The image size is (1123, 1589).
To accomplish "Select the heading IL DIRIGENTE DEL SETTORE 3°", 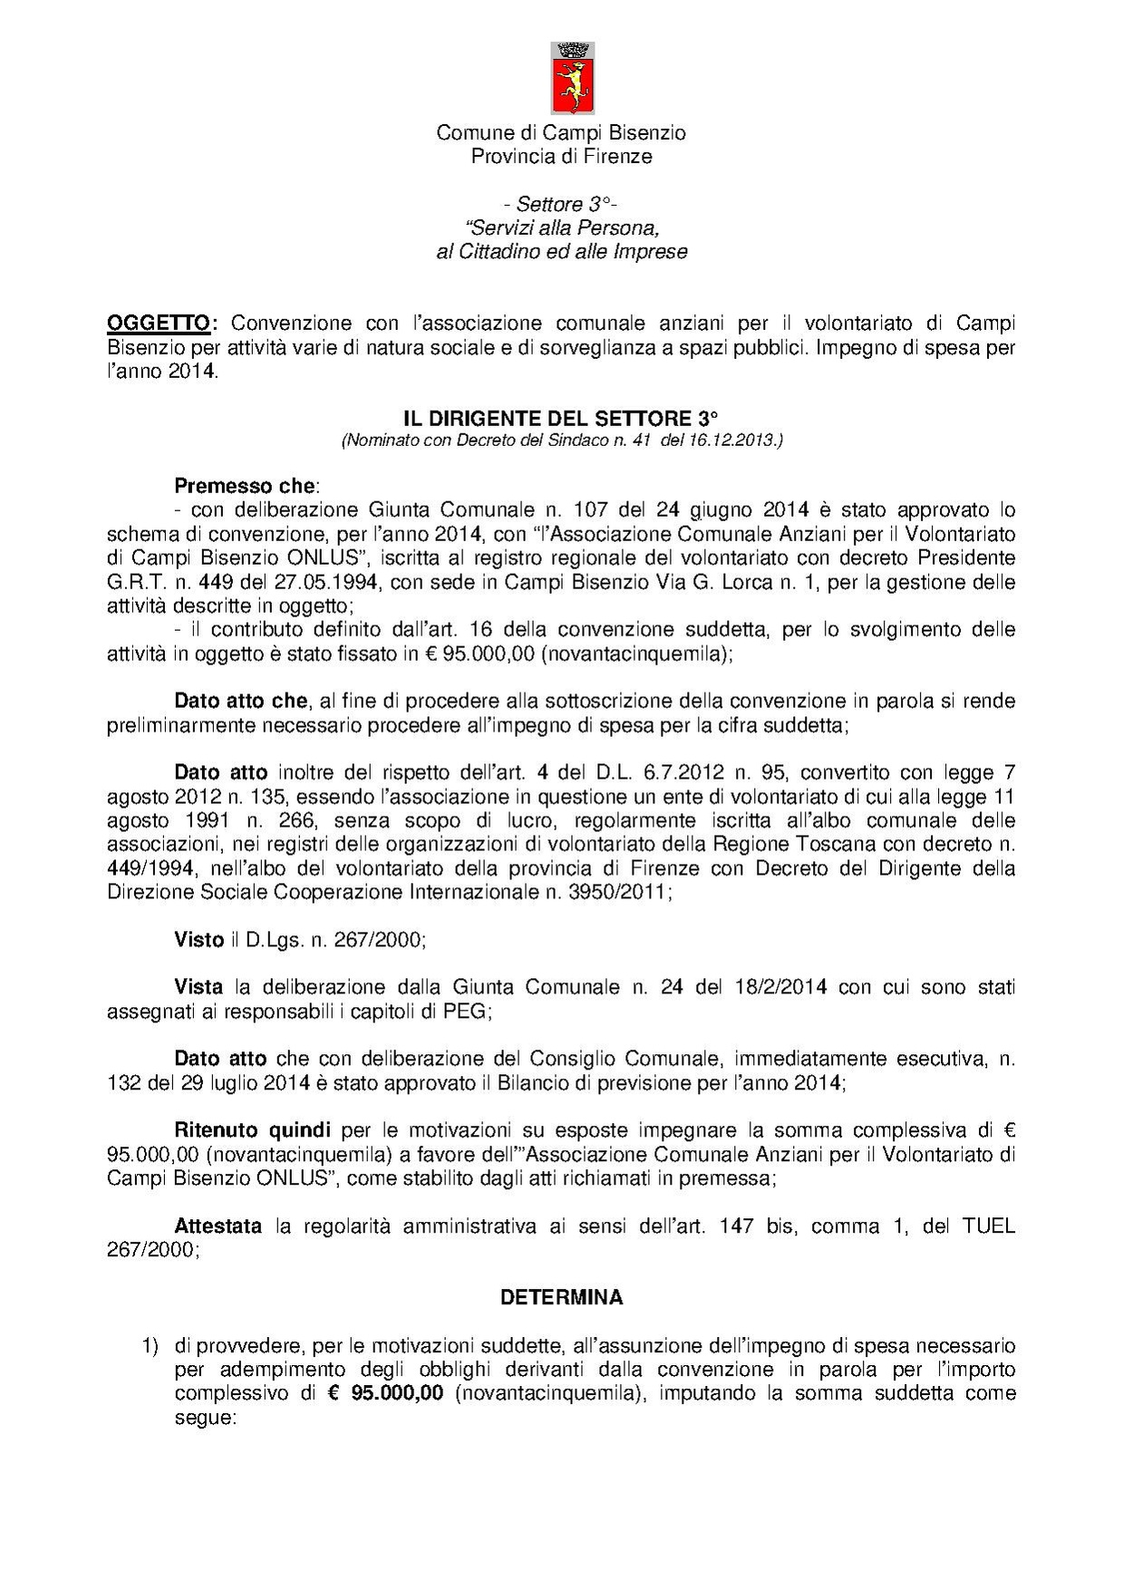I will click(x=560, y=419).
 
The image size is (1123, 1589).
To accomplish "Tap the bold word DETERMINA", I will click(x=561, y=1297).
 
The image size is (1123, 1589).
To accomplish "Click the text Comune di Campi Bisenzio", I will click(x=561, y=132).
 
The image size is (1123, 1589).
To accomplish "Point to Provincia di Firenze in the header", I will click(x=561, y=156).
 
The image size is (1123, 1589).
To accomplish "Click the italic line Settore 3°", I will click(x=561, y=205).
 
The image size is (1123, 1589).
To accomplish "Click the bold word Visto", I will click(x=198, y=940).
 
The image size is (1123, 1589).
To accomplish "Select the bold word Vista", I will click(x=198, y=987).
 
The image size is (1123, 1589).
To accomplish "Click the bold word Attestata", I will click(x=218, y=1226).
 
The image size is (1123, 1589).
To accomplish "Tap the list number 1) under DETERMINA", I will click(x=150, y=1346).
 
